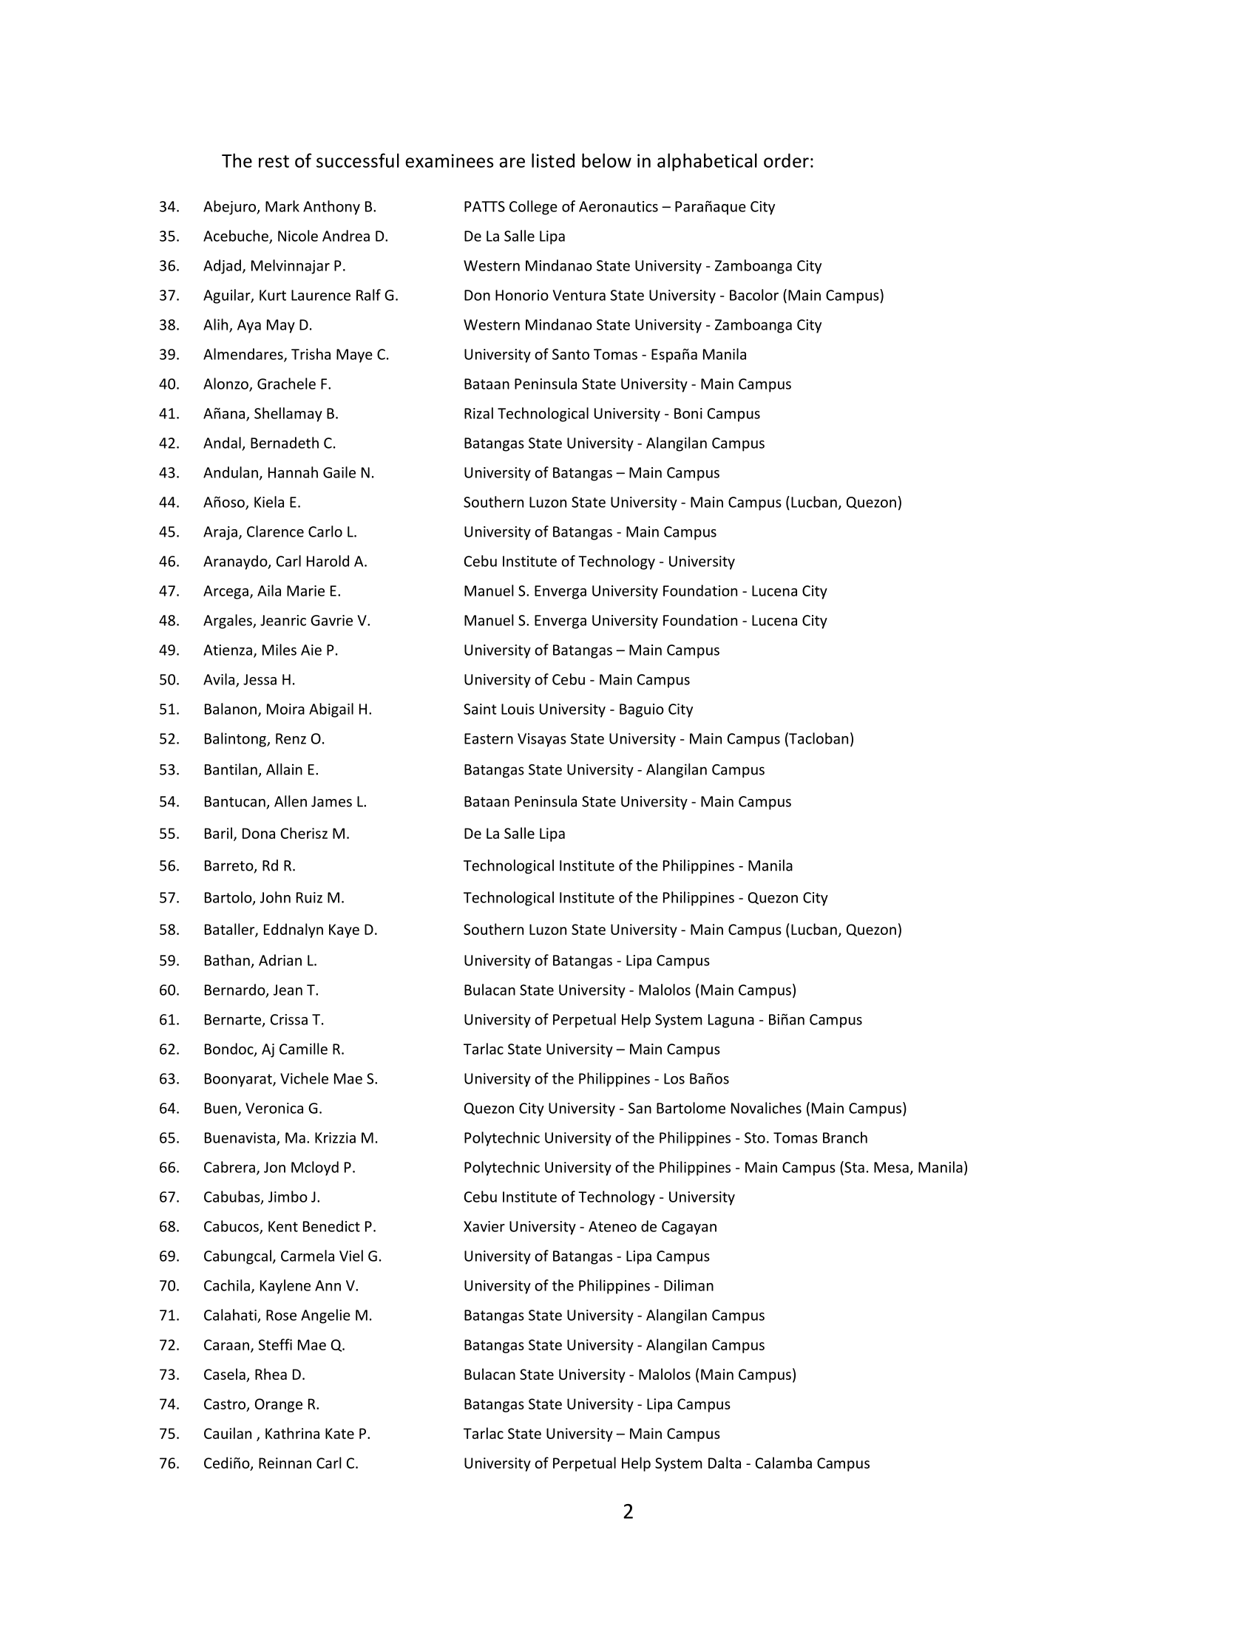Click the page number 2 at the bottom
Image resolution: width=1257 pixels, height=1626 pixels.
[x=628, y=1512]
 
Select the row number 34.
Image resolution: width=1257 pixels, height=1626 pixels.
[x=169, y=207]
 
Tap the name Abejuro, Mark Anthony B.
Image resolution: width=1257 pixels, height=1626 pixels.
[x=290, y=207]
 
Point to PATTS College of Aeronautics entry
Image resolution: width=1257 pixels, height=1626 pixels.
[x=619, y=207]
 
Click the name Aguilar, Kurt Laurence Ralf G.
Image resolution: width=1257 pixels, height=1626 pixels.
[x=301, y=296]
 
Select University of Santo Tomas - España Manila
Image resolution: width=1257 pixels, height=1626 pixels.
[x=605, y=355]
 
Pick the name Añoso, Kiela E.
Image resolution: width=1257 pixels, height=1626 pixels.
[x=251, y=503]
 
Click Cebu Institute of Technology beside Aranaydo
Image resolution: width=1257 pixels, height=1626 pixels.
[x=599, y=562]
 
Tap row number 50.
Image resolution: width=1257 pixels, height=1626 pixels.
[x=169, y=681]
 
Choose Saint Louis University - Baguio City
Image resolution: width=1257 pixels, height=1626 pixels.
[x=578, y=710]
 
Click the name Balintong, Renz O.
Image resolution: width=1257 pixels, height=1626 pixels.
[x=264, y=739]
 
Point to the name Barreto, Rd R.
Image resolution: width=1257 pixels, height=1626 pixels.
[x=249, y=866]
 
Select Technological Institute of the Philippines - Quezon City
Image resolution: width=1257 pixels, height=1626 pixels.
[x=645, y=898]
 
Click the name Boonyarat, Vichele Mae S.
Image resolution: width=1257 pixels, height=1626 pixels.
[x=291, y=1079]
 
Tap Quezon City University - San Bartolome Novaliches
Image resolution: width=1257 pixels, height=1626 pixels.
[x=685, y=1109]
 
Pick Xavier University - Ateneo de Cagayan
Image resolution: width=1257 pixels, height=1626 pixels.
[x=590, y=1227]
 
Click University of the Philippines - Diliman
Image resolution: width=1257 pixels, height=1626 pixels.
[x=589, y=1286]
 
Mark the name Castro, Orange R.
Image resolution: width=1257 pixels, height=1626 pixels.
[x=261, y=1404]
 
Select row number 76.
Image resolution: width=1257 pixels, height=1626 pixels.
[x=169, y=1463]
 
